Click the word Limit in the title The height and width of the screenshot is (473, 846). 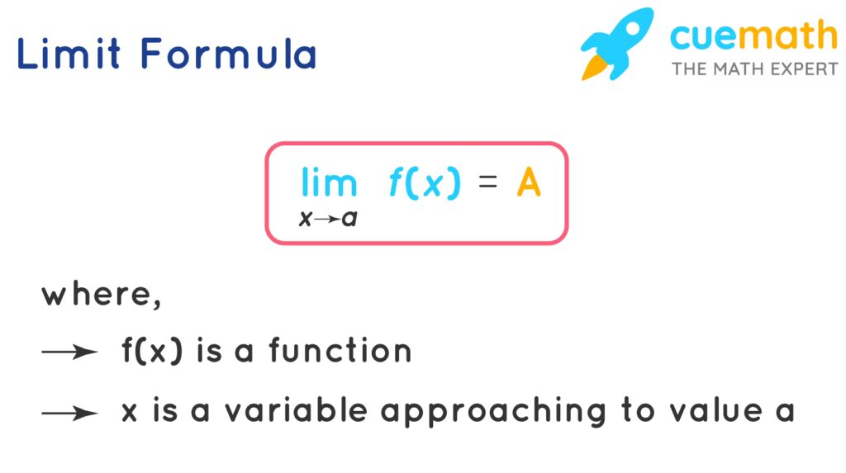69,54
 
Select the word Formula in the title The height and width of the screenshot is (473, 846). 228,54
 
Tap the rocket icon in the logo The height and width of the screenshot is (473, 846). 616,44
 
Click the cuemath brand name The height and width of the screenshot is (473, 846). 753,35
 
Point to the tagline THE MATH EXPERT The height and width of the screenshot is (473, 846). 755,69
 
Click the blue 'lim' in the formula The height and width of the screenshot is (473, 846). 329,182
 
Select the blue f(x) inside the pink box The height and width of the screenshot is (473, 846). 425,182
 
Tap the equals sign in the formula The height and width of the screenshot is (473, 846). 487,182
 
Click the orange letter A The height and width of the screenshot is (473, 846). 529,182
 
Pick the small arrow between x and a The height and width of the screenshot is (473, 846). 327,219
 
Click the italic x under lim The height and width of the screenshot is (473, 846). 306,219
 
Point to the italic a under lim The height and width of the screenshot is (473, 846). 349,219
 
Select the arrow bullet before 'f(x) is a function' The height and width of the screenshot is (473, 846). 70,352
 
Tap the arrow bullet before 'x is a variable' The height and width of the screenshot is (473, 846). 70,414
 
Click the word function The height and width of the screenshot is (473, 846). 340,350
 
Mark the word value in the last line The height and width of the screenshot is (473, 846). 716,410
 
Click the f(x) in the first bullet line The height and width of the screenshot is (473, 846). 153,351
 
